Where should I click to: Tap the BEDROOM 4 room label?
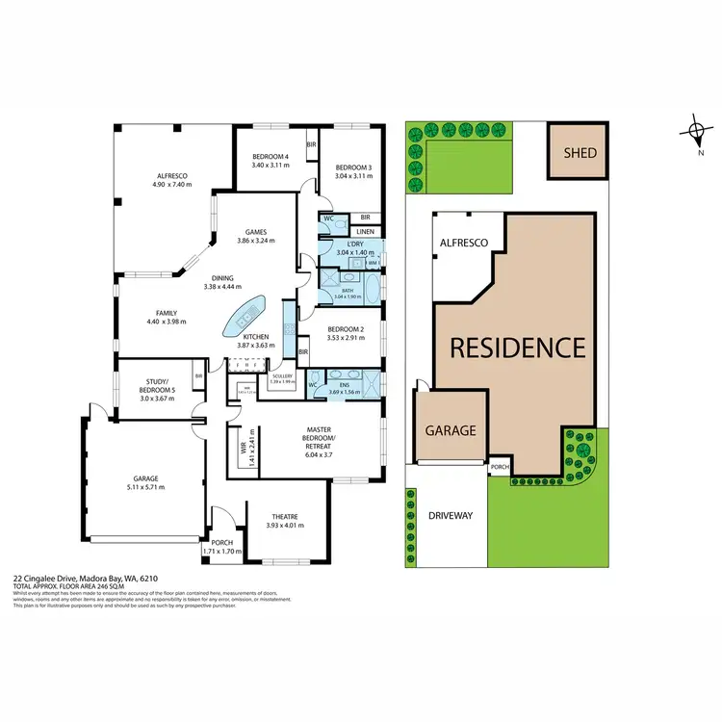(271, 157)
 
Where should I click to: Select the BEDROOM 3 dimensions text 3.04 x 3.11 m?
(352, 165)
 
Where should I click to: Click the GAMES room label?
(255, 232)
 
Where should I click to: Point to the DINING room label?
(222, 277)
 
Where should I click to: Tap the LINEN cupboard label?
(365, 232)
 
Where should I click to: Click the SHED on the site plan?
(580, 152)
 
